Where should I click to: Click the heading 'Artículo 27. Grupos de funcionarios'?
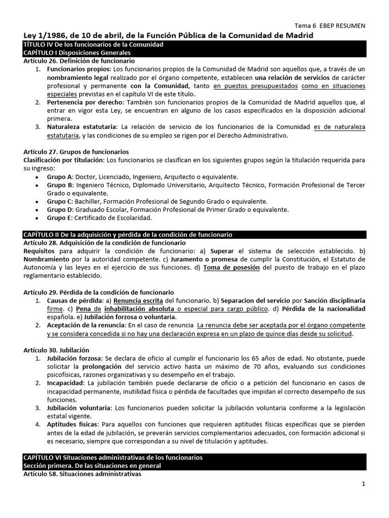(76, 151)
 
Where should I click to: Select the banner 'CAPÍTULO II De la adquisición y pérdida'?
(128, 235)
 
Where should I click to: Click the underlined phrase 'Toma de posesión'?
(231, 268)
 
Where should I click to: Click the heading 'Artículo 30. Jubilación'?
(56, 350)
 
